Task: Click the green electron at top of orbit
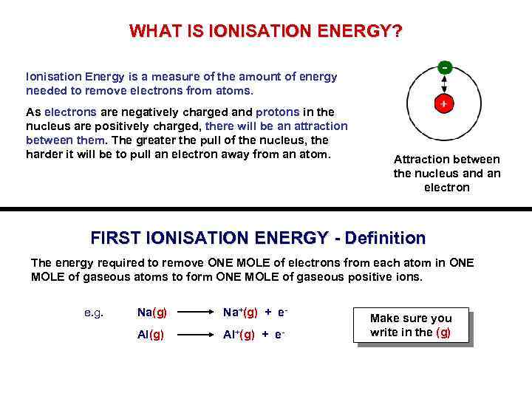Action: click(x=444, y=67)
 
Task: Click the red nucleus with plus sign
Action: click(x=443, y=104)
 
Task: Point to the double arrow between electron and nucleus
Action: click(x=444, y=85)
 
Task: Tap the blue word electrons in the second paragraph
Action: click(x=70, y=112)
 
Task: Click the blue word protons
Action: click(x=277, y=112)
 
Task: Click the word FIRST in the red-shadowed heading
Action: click(x=116, y=239)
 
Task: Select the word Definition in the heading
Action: click(x=386, y=239)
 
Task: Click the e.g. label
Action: click(x=94, y=313)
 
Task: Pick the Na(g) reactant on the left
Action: click(x=152, y=313)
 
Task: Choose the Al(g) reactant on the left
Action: click(x=151, y=335)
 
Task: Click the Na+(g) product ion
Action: click(x=240, y=313)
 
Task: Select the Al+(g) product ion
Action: click(x=239, y=335)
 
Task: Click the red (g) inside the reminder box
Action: click(x=443, y=332)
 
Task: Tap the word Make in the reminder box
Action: click(x=385, y=318)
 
